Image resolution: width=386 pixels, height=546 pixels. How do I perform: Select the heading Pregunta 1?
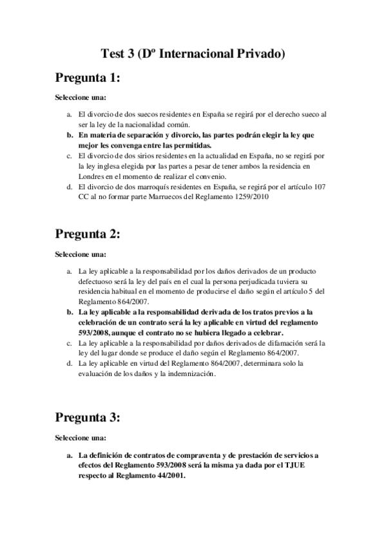(x=87, y=79)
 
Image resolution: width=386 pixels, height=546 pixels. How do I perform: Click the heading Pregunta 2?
(x=87, y=233)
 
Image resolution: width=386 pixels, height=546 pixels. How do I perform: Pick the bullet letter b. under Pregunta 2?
(x=68, y=312)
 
